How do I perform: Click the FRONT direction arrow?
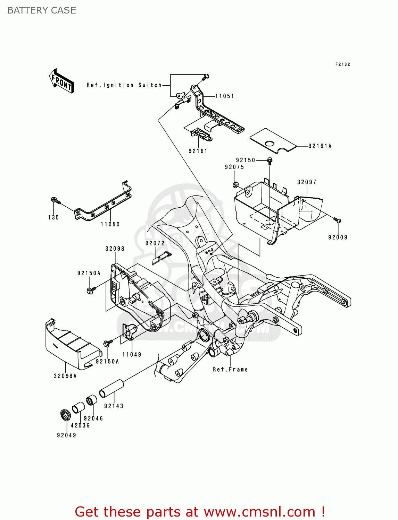pos(61,80)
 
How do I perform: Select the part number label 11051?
pos(224,96)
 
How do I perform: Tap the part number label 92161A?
pos(320,146)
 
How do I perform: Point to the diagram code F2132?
pos(342,64)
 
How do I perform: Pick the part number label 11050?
pos(110,224)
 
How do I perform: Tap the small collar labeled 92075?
pos(235,184)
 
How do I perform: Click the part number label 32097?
pos(307,182)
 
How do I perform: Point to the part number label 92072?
pos(155,243)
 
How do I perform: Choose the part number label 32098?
pos(115,249)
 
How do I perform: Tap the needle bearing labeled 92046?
pos(91,400)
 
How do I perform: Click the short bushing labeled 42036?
pos(78,407)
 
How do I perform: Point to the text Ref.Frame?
pos(230,370)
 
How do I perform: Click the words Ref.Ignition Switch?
pos(124,85)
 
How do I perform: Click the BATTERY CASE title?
pos(42,10)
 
